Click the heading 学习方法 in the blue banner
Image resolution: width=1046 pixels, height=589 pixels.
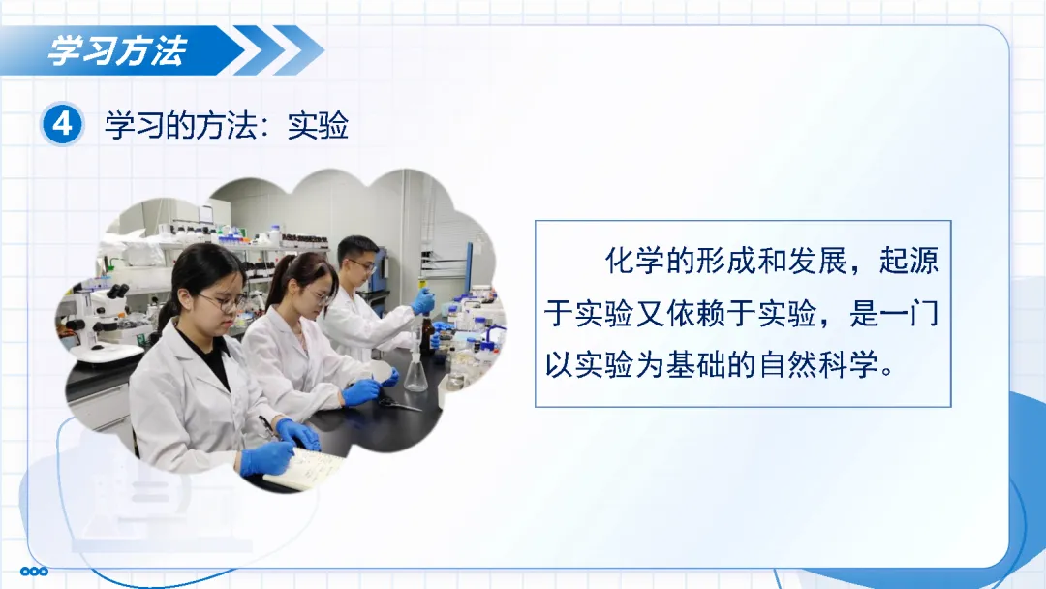117,50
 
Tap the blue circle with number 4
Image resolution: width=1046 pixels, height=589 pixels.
62,124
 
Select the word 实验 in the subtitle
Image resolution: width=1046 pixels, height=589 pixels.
319,125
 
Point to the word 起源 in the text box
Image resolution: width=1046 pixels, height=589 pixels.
909,261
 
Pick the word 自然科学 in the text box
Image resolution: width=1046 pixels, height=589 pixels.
817,364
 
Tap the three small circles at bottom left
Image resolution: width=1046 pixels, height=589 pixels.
34,571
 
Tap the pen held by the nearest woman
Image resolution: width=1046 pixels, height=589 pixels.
268,427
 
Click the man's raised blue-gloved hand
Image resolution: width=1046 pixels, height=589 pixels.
423,301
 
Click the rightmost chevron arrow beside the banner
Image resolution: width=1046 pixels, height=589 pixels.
298,50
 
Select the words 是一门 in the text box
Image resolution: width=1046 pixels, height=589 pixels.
894,312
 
